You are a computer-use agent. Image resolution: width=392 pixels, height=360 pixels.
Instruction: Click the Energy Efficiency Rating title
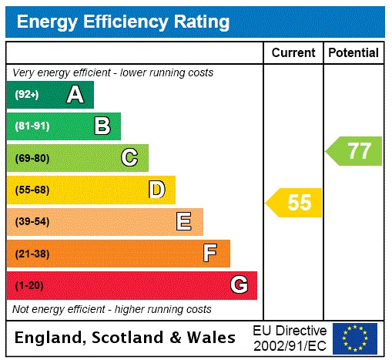123,22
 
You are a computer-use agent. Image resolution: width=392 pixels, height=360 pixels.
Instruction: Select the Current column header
293,53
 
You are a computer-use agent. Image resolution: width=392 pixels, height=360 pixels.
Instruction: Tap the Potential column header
353,53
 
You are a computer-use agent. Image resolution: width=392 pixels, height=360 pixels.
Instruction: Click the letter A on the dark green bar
75,95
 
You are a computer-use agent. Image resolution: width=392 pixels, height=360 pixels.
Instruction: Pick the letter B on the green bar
102,126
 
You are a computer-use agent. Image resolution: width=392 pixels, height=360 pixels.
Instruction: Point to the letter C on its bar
129,158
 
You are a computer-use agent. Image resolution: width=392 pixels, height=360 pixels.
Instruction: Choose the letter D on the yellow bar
156,190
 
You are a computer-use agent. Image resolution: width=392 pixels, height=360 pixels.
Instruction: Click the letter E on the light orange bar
184,222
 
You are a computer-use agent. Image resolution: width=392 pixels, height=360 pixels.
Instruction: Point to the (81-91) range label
32,126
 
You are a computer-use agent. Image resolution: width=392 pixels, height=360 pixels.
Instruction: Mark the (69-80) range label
32,158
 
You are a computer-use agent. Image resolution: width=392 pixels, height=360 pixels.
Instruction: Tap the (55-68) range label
32,190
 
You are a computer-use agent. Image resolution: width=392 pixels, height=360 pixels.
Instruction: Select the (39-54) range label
32,222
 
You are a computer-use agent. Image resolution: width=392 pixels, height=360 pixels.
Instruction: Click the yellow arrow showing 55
294,203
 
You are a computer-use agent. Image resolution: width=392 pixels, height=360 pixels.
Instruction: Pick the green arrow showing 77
354,151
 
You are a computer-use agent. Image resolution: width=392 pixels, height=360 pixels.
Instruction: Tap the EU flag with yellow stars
355,338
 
